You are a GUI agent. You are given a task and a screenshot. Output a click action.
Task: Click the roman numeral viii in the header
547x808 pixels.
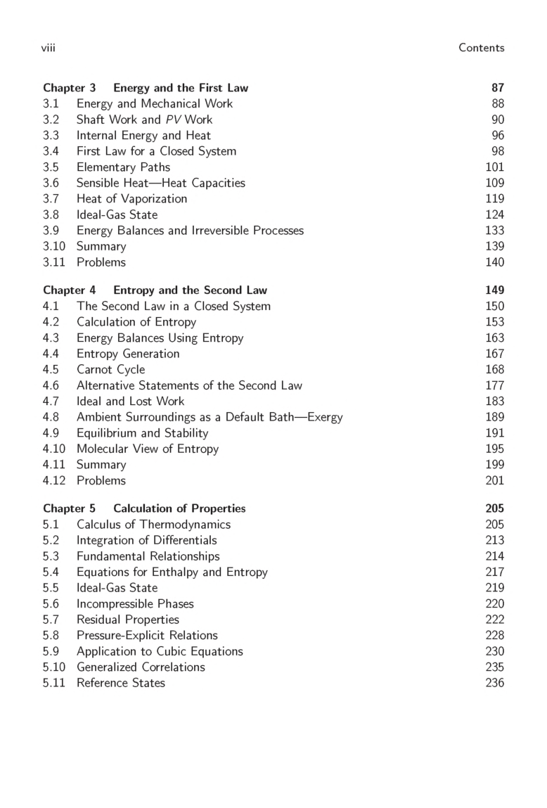[x=49, y=48]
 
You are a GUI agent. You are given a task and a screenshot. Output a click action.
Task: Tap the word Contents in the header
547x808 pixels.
[x=481, y=48]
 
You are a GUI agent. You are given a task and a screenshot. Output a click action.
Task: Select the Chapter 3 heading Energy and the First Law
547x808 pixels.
[x=146, y=88]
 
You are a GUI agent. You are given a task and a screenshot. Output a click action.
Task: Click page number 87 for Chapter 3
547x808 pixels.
[x=497, y=88]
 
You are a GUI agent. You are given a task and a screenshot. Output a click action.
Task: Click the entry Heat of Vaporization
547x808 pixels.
[x=131, y=199]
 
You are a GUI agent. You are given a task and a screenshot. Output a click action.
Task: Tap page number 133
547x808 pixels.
[x=495, y=231]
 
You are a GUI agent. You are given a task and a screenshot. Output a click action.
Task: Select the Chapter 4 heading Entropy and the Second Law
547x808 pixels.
[x=155, y=290]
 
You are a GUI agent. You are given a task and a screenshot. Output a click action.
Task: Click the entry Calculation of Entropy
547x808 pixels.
[x=136, y=322]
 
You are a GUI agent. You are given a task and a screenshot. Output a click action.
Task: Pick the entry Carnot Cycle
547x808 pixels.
[x=110, y=370]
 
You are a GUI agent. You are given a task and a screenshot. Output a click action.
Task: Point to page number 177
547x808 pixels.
[x=495, y=385]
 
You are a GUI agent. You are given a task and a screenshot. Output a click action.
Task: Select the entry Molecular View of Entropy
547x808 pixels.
[x=147, y=449]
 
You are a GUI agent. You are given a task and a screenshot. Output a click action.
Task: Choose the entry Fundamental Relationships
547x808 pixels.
[x=148, y=556]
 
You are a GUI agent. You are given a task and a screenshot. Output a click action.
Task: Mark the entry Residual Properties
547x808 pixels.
[x=127, y=620]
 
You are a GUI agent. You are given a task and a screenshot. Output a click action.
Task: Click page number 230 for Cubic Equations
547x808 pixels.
[x=495, y=651]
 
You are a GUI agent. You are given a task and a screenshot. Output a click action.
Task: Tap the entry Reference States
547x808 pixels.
[x=120, y=683]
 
